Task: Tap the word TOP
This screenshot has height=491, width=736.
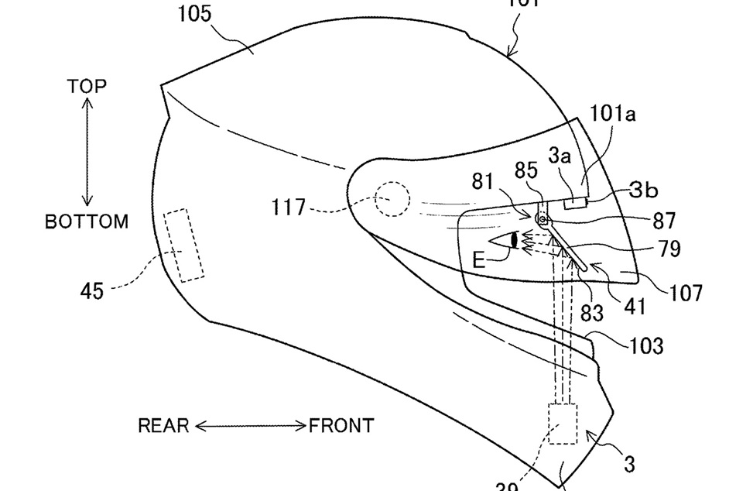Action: coord(86,86)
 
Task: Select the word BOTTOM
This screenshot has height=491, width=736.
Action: coord(86,221)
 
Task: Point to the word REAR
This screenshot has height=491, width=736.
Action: coord(163,425)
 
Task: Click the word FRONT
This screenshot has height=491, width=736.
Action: coord(341,425)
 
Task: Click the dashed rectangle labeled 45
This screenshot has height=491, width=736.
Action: coord(184,244)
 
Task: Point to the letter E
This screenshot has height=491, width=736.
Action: coord(478,260)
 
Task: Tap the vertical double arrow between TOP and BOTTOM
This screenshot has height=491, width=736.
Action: coord(87,153)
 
